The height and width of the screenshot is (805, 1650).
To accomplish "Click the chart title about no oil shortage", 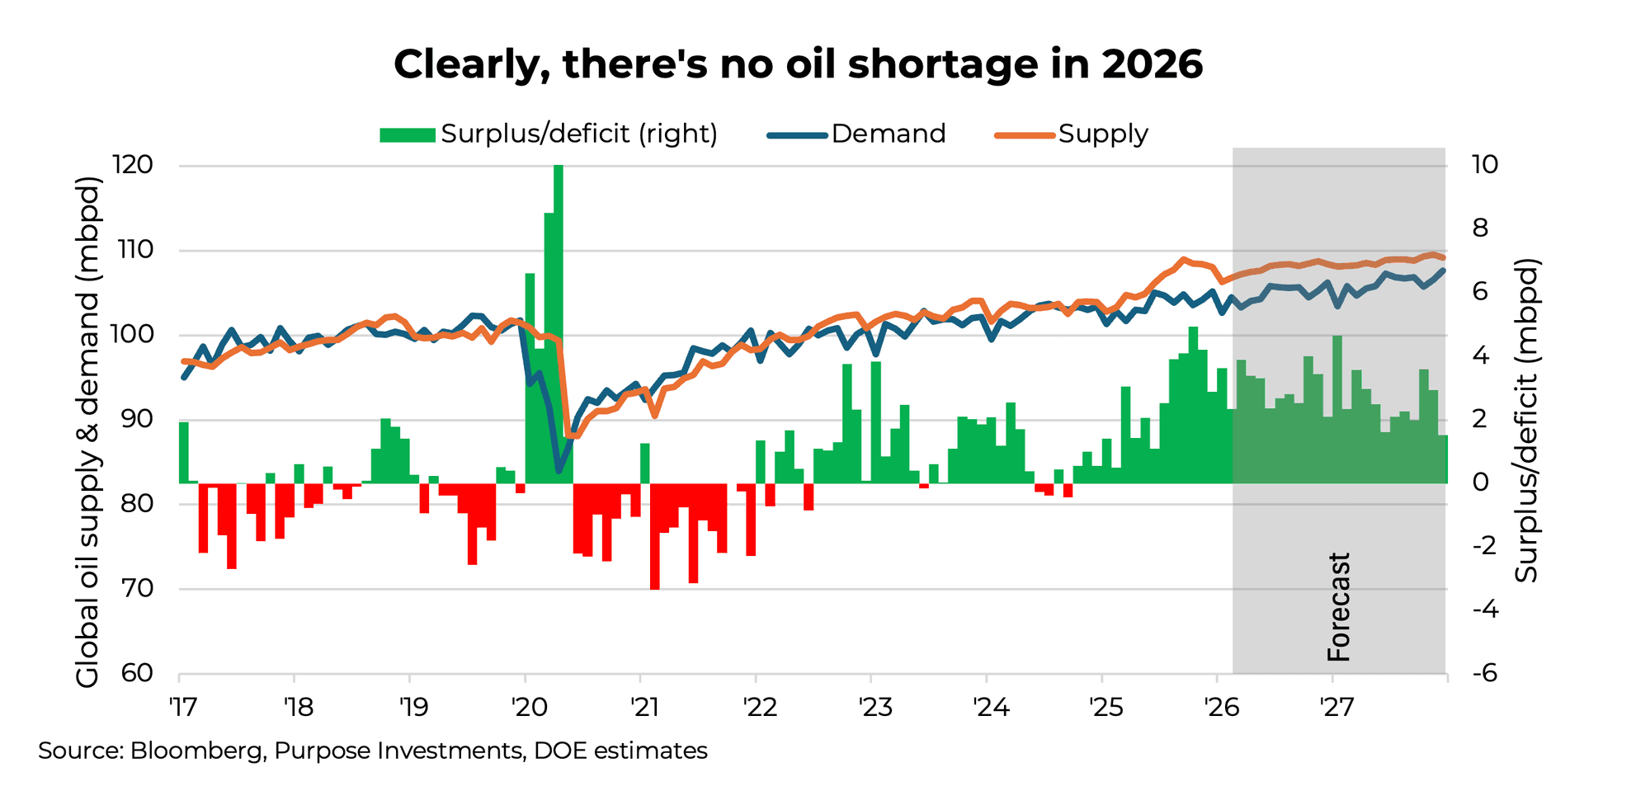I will [798, 64].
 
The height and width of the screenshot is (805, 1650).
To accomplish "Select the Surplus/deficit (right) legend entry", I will [549, 134].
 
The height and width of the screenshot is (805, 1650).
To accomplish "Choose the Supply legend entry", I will [1072, 134].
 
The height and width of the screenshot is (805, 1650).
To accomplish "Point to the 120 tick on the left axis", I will [133, 165].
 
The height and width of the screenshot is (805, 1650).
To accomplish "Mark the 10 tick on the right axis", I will [1484, 164].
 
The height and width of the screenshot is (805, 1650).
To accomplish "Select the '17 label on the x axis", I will [182, 707].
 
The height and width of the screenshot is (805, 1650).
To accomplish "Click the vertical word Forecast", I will [1338, 607].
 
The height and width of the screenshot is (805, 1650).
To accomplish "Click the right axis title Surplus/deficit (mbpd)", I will [1527, 421].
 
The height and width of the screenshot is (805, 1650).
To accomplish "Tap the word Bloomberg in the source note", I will [197, 751].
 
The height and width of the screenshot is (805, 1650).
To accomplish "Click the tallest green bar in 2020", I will [559, 322].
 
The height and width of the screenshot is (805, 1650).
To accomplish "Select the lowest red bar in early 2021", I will [655, 536].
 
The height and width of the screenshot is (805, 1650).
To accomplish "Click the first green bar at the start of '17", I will [184, 452].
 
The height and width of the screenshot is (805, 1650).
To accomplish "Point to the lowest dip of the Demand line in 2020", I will [559, 471].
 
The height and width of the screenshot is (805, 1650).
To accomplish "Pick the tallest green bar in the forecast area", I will [1337, 408].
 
